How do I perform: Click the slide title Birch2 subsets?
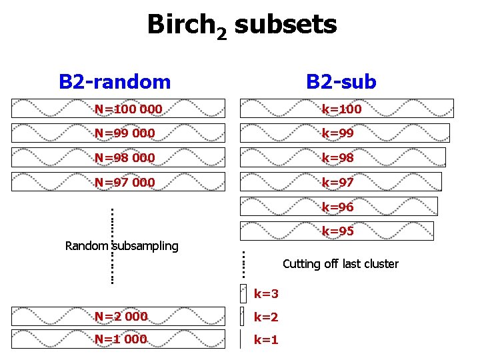[x=241, y=26]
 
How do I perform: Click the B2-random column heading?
[x=115, y=82]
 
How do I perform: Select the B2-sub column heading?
[x=341, y=82]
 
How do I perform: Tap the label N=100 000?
[x=128, y=109]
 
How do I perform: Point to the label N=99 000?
[x=125, y=133]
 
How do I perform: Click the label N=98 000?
[x=125, y=158]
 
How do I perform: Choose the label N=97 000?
[x=125, y=182]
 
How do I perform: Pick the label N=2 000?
[x=121, y=316]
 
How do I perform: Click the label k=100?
[x=341, y=109]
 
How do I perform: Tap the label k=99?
[x=338, y=133]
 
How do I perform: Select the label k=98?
[x=338, y=158]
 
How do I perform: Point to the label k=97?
[x=338, y=182]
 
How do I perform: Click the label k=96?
[x=338, y=207]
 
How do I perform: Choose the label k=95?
[x=338, y=231]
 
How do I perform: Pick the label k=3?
[x=266, y=293]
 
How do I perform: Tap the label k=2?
[x=266, y=317]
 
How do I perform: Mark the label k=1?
[x=266, y=340]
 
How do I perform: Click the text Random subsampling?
[x=122, y=246]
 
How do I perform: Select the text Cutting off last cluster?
[x=341, y=264]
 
